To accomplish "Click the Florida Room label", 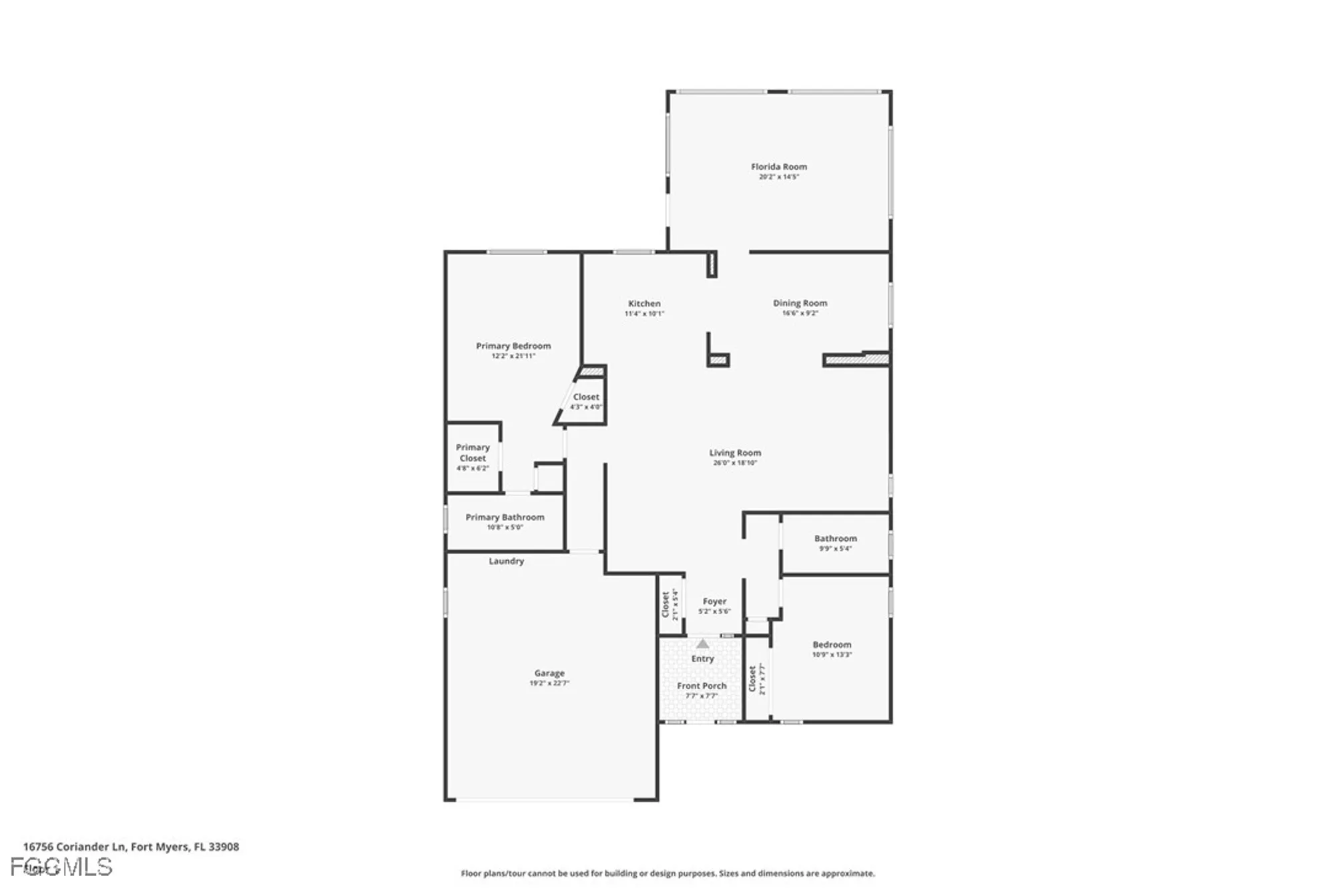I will point(778,167).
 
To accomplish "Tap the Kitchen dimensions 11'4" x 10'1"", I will point(644,314).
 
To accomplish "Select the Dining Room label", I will point(800,303).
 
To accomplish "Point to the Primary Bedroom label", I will point(513,346).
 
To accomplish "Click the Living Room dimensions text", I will point(735,463).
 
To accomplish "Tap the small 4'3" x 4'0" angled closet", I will point(585,401).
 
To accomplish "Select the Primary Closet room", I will point(473,457).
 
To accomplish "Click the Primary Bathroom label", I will point(505,517).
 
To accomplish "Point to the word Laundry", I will point(506,562).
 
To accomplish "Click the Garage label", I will point(549,673).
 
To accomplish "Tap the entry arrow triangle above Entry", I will point(702,644).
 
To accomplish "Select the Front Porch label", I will point(702,686).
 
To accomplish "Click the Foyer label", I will point(714,602).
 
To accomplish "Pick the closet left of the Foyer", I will point(670,605).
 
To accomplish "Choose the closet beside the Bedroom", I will point(757,679).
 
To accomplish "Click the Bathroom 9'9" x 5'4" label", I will point(835,539).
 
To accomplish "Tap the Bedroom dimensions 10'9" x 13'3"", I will point(832,655).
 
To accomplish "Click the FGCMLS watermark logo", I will point(61,867).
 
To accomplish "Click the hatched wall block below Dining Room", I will point(856,360).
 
